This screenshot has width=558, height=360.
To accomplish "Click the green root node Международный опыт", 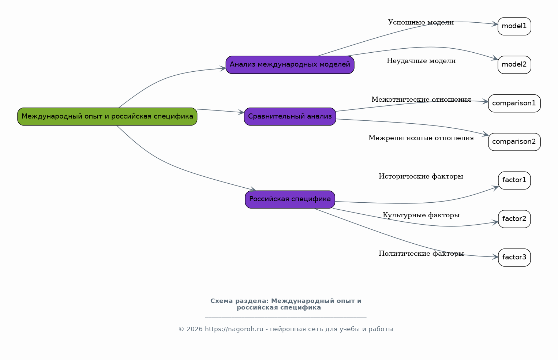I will (x=107, y=117).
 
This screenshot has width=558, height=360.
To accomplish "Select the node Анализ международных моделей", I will (x=290, y=65).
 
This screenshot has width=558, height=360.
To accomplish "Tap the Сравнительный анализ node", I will (x=290, y=117).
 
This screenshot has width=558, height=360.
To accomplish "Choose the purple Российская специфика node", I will (x=290, y=199).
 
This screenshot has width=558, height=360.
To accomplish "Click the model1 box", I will (x=514, y=26).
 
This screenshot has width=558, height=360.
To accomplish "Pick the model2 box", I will (x=514, y=65).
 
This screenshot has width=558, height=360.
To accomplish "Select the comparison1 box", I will (x=514, y=104).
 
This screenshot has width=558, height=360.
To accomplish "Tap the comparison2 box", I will (x=514, y=142).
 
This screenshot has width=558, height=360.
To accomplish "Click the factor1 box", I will (x=514, y=180).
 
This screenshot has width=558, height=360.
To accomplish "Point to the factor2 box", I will (x=514, y=219).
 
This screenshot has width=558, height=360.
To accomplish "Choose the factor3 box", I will (x=514, y=258).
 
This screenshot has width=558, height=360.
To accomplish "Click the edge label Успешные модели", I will (x=421, y=23).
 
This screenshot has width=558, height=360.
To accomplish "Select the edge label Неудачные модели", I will (x=421, y=61).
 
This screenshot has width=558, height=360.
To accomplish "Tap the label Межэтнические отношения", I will (x=421, y=100).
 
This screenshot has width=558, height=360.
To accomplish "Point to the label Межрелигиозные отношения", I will (x=421, y=138).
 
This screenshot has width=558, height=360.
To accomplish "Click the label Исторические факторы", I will (x=421, y=177).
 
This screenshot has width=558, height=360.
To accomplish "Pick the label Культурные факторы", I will (x=421, y=215).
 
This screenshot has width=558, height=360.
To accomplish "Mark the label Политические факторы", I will (x=421, y=254).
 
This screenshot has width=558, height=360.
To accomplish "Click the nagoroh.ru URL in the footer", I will (x=234, y=329).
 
